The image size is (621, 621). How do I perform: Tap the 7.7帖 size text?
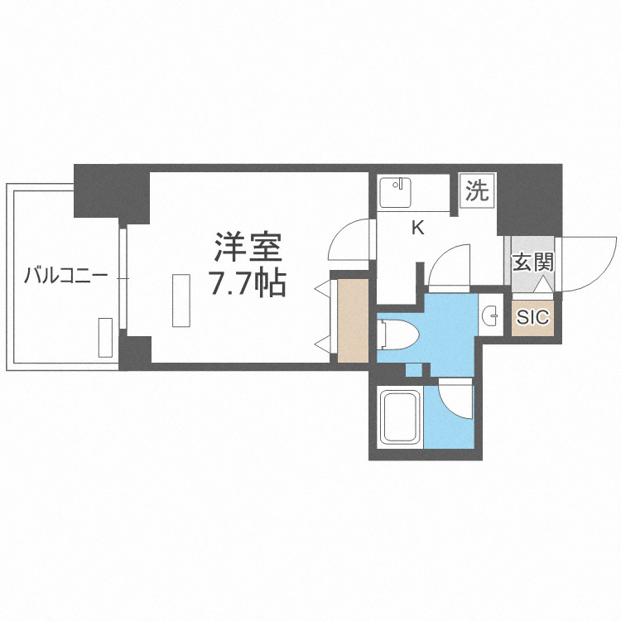(x=248, y=283)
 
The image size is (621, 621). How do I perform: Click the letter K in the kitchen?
(x=418, y=228)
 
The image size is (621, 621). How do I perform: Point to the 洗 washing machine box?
(x=476, y=192)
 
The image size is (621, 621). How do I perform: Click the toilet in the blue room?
(x=397, y=335)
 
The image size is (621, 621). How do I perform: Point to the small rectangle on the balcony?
(x=105, y=337)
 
